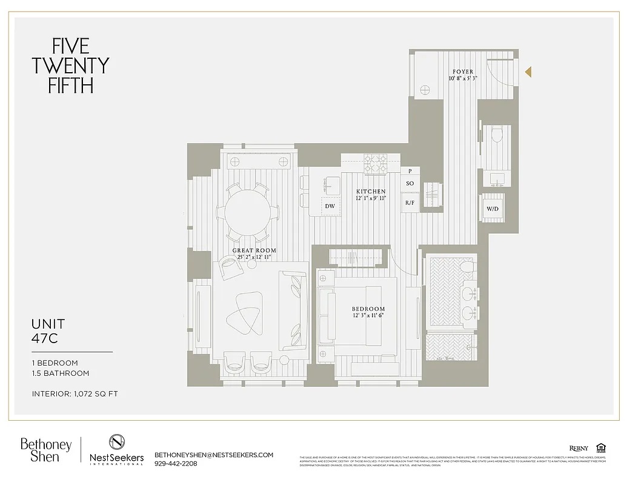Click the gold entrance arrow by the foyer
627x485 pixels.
pos(528,72)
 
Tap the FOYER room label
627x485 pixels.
pos(463,72)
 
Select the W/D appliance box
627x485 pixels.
pos(493,209)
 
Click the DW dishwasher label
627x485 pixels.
pos(330,206)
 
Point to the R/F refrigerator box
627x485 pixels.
pos(410,203)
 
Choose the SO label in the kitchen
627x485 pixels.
pos(410,184)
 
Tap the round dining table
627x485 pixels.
pos(248,212)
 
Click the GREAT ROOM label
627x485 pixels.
pos(254,250)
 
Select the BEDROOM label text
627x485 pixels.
pos(368,309)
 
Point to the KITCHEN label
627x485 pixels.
pos(371,192)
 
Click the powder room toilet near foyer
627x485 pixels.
pos(497,135)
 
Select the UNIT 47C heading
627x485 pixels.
pos(48,331)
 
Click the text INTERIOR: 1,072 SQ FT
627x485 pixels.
pos(75,394)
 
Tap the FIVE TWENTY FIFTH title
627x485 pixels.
pos(70,65)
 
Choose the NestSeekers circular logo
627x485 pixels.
pos(117,442)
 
